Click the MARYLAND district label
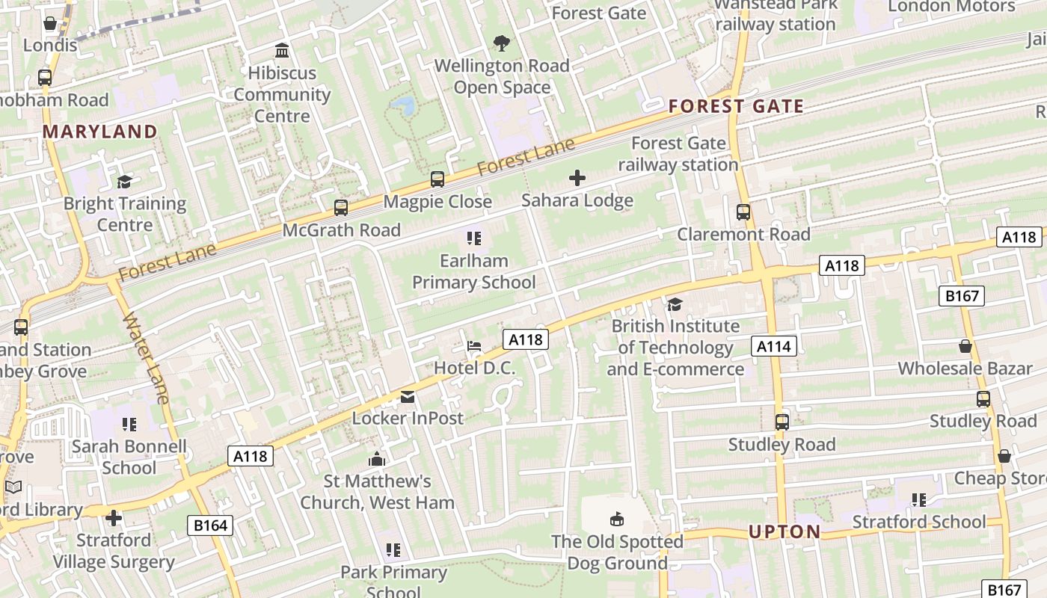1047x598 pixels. pos(99,132)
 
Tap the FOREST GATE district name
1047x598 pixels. pos(736,106)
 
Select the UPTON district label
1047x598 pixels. pos(785,532)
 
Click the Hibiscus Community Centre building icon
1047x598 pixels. pos(282,51)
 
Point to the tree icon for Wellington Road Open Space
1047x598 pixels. pos(502,43)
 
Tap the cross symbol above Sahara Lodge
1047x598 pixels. pos(577,178)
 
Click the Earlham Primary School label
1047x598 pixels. pos(474,271)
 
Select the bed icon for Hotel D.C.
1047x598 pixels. pos(474,346)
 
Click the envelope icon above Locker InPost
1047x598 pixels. pos(408,396)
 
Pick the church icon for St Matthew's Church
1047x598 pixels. pos(377,459)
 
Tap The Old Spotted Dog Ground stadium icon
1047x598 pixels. pos(617,519)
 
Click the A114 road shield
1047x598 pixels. pos(773,345)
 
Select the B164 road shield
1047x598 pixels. pos(210,525)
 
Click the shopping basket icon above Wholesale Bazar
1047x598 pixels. pos(965,346)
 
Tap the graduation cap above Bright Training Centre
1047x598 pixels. pos(124,182)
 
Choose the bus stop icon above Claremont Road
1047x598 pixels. pos(743,212)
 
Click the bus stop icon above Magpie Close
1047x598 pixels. pos(437,179)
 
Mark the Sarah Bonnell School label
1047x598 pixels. pos(129,457)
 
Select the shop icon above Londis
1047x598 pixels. pos(50,23)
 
